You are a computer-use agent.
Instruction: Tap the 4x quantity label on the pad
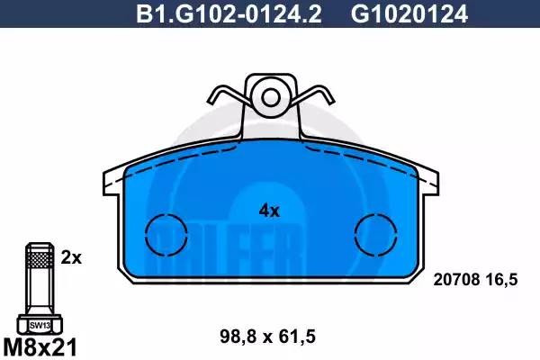point(270,211)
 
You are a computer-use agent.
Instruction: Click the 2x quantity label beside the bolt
point(72,258)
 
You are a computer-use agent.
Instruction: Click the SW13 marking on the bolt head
point(38,324)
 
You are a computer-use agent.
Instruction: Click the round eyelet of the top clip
point(271,94)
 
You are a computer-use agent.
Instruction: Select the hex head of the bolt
point(38,323)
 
